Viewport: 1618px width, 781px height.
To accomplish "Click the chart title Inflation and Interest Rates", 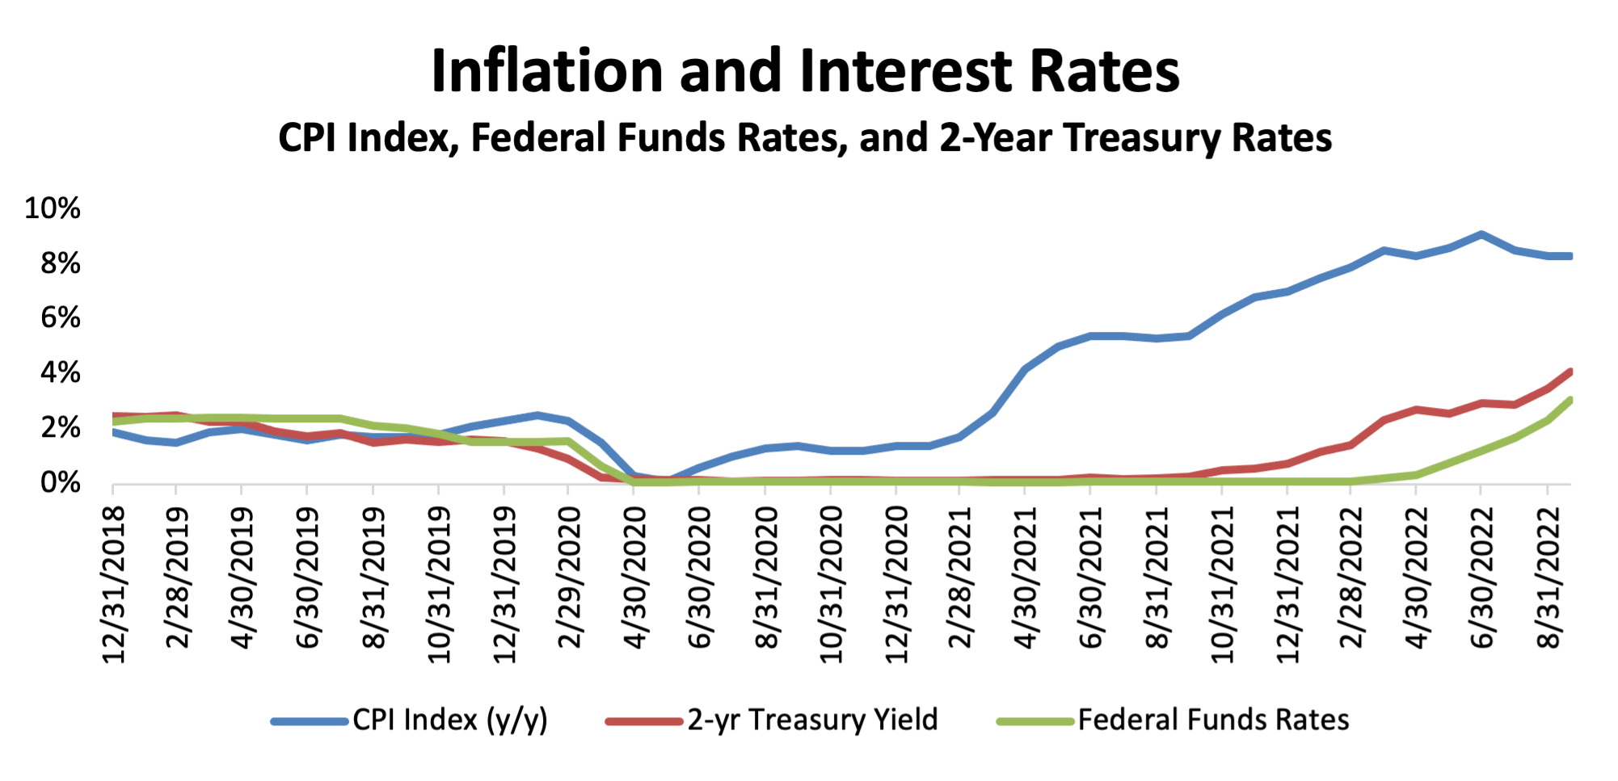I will [x=805, y=71].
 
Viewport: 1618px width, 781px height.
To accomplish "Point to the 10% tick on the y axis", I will [x=53, y=208].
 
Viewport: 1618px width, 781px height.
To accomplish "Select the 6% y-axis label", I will [x=61, y=317].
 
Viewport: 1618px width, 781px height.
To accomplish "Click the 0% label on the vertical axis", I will [x=61, y=483].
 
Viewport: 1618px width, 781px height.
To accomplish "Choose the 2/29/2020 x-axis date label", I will [x=570, y=577].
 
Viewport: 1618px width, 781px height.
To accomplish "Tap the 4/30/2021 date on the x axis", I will [x=1026, y=577].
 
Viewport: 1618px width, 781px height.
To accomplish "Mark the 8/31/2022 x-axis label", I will [x=1548, y=577].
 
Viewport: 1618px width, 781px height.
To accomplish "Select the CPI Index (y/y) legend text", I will [x=450, y=720].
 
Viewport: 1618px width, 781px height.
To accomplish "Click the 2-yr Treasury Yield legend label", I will [x=812, y=720].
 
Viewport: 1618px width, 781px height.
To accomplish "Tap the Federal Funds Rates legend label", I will [x=1213, y=720].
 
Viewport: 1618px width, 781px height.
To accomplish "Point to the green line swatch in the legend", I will [x=1035, y=720].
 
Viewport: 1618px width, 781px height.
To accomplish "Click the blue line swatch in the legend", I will [x=310, y=720].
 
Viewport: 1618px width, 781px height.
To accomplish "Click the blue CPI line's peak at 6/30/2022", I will [x=1481, y=235].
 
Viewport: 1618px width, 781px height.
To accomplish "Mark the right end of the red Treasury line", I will [x=1570, y=372].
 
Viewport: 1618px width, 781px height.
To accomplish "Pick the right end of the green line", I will [x=1570, y=400].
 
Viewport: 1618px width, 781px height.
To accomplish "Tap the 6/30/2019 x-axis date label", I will [x=308, y=577].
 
